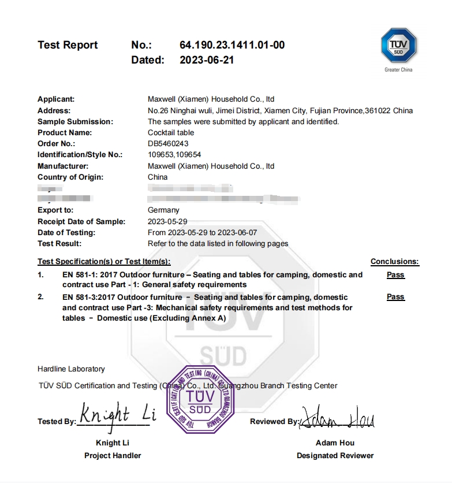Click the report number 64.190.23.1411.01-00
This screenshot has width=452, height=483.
232,45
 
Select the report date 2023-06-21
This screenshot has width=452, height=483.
207,60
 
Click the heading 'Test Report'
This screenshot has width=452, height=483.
68,45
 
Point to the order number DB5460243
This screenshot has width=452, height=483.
168,143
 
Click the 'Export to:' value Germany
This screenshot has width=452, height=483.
163,210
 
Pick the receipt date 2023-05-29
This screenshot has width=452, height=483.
167,221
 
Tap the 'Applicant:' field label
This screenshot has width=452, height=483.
56,99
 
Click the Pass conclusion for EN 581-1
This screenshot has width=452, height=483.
395,275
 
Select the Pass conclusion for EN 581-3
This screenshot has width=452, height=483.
395,297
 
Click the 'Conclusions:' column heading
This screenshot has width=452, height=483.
394,262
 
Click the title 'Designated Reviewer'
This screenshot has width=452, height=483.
335,455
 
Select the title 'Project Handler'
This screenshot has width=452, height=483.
113,455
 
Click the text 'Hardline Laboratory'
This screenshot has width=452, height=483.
71,369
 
